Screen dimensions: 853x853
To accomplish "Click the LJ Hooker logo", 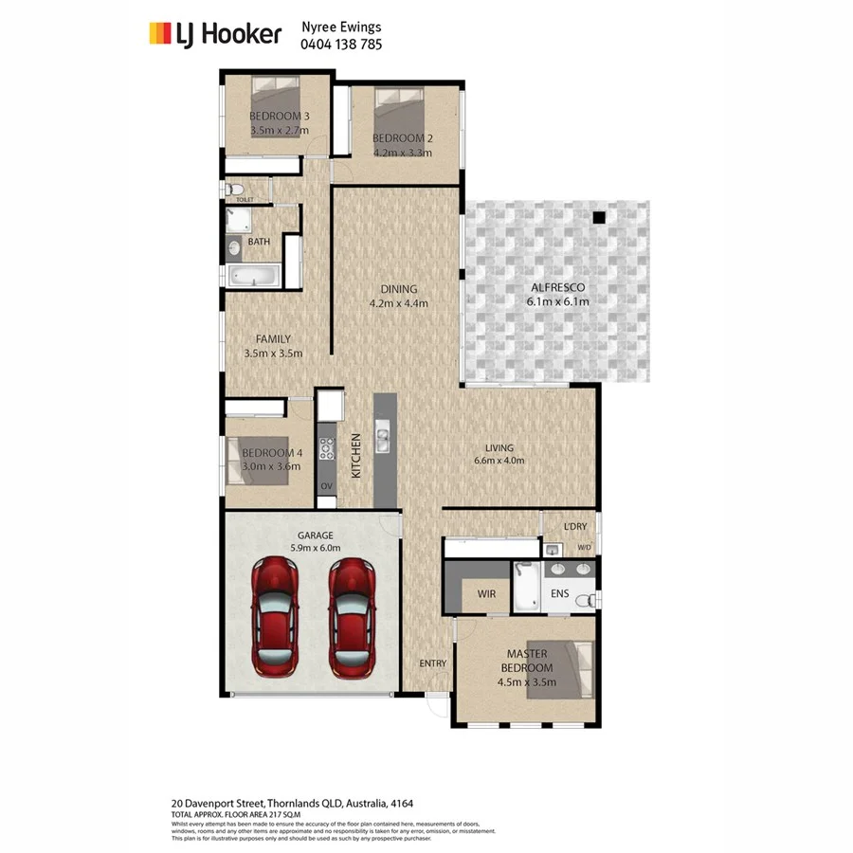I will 215,34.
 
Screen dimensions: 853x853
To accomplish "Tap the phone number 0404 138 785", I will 342,44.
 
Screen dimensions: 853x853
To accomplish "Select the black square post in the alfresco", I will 598,218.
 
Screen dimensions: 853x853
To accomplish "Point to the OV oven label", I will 326,486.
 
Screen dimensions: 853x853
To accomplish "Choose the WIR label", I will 486,594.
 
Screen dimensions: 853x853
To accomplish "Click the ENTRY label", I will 432,663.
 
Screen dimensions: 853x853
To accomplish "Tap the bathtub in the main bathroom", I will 253,277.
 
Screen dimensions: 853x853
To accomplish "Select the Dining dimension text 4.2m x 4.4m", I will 398,304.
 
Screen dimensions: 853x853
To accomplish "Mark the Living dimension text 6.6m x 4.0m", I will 499,462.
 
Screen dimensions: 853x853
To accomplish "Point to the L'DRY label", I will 575,526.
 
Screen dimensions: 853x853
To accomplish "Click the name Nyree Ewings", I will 342,27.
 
